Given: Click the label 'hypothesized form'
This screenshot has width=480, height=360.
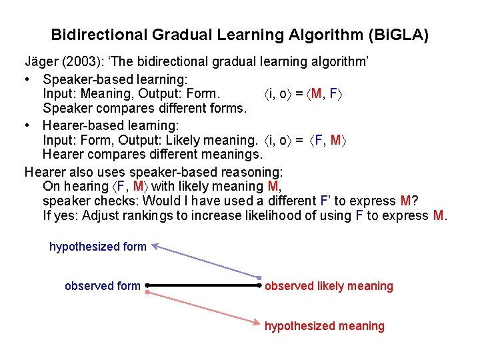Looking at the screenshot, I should pos(97,247).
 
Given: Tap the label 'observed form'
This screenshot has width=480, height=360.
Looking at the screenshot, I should pos(102,286).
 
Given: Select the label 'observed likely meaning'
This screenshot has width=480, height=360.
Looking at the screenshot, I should pos(329,286).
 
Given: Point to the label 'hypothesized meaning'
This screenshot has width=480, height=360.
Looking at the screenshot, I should pos(324,326).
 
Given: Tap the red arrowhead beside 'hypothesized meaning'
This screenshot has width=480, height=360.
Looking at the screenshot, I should pos(259,324).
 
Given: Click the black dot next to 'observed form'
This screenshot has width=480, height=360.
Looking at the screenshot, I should pos(146,286).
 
